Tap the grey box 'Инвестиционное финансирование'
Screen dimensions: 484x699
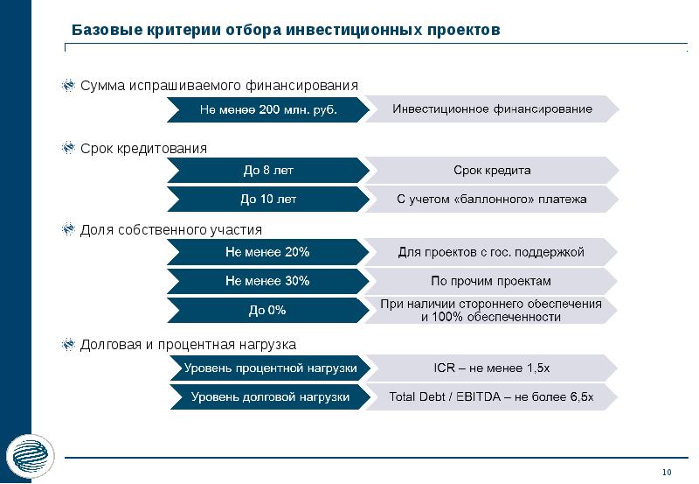tap(492, 109)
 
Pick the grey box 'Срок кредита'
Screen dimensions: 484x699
tap(492, 170)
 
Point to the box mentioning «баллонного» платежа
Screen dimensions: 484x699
tap(492, 200)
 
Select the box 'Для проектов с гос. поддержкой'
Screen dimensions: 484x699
tap(492, 252)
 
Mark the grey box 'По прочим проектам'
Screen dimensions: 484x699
tap(492, 281)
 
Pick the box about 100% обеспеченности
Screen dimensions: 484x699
tap(492, 310)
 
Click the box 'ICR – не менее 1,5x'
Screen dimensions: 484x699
tap(492, 368)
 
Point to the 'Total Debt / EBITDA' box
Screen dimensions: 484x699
tap(492, 396)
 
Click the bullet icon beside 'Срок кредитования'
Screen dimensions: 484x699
tap(68, 149)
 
